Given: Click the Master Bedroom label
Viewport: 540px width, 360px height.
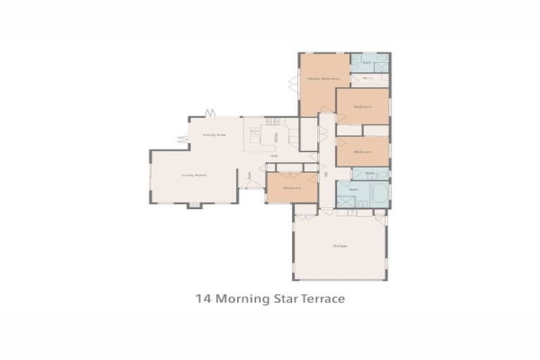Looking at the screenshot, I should pyautogui.click(x=323, y=79).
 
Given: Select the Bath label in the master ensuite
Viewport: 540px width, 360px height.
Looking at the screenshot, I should pyautogui.click(x=367, y=63).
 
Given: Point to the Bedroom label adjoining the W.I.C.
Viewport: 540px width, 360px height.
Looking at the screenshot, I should pyautogui.click(x=362, y=107).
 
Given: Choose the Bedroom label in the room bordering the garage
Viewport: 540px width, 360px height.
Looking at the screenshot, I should pyautogui.click(x=292, y=188).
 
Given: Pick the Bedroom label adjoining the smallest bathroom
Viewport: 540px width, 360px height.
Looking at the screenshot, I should pyautogui.click(x=362, y=152).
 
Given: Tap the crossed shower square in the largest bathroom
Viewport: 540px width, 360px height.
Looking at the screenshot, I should pyautogui.click(x=345, y=202).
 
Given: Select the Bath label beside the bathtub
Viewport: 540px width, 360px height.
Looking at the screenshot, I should pyautogui.click(x=354, y=189).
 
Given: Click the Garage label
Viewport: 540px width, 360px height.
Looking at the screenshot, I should pyautogui.click(x=340, y=245).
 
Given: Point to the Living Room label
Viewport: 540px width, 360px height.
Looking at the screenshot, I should pyautogui.click(x=193, y=175).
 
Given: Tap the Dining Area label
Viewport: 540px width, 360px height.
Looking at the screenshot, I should pyautogui.click(x=214, y=134).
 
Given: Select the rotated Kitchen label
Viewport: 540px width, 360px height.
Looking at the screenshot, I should pyautogui.click(x=277, y=136).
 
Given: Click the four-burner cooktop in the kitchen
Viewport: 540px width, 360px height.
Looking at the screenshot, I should pyautogui.click(x=255, y=131).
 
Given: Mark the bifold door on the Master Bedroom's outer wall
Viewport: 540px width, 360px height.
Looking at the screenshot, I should pyautogui.click(x=293, y=84).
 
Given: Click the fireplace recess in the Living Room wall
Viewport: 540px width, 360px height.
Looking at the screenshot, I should pyautogui.click(x=194, y=205).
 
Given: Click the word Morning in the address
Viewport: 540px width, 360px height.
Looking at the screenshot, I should pyautogui.click(x=242, y=299).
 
